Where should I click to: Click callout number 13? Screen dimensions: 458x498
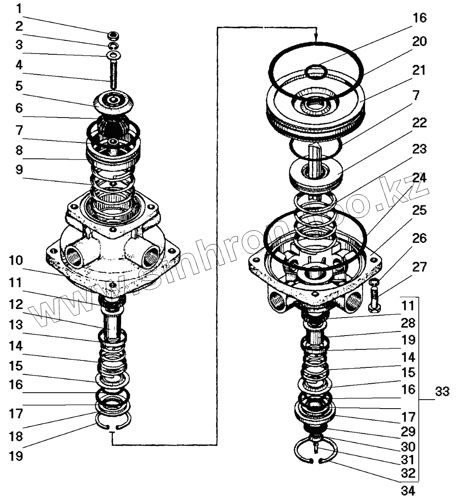coord(17,325)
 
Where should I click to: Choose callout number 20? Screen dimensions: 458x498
coord(419,42)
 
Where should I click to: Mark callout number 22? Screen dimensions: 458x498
coord(419,122)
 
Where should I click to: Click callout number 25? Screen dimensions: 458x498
coord(419,210)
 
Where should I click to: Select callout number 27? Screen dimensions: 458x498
coord(419,267)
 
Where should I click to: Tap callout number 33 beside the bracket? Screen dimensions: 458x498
coord(442,392)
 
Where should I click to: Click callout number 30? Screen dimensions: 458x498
coord(408,446)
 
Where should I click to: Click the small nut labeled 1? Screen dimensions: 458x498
coord(114,34)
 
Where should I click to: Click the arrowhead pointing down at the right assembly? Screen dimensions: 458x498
coord(316,39)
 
